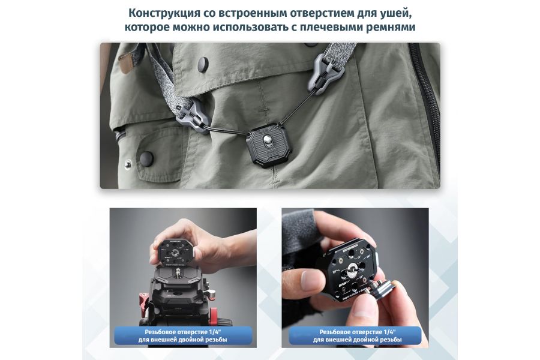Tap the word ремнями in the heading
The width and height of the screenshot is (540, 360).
[x=389, y=28]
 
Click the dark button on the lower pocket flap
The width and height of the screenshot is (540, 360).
[x=146, y=159]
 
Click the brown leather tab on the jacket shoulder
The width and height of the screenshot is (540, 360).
[x=127, y=61]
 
